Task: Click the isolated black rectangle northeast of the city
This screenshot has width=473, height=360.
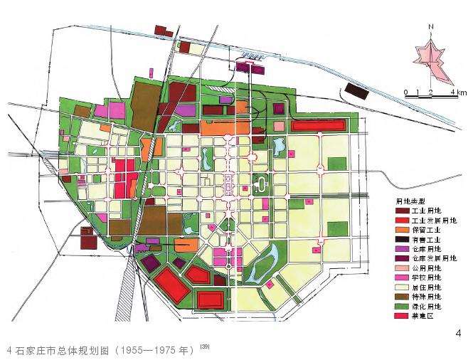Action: point(356,90)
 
